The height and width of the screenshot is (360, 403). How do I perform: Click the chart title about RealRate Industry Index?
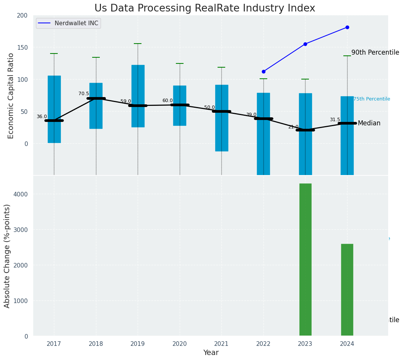[205, 8]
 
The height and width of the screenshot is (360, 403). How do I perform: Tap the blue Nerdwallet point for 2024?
[347, 27]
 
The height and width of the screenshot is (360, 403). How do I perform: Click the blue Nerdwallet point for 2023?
[305, 44]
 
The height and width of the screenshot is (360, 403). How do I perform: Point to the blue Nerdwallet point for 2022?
[263, 71]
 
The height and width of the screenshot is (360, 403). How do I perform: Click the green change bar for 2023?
[305, 260]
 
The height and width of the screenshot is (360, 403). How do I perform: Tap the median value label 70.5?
[83, 94]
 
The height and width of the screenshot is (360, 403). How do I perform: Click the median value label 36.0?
[42, 117]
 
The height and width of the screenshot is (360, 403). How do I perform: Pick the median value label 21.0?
[293, 127]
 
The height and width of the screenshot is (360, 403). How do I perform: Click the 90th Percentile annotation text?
[375, 53]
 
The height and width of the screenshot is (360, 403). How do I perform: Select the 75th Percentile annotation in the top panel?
[372, 99]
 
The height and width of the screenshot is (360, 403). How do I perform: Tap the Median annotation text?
[369, 123]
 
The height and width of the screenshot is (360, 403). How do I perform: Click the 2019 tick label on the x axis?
[138, 344]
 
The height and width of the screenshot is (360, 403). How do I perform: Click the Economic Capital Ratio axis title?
[11, 96]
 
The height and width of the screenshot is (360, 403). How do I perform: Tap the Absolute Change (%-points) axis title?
[7, 256]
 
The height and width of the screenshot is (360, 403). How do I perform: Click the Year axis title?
[211, 353]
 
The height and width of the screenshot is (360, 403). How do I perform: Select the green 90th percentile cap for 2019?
[138, 44]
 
